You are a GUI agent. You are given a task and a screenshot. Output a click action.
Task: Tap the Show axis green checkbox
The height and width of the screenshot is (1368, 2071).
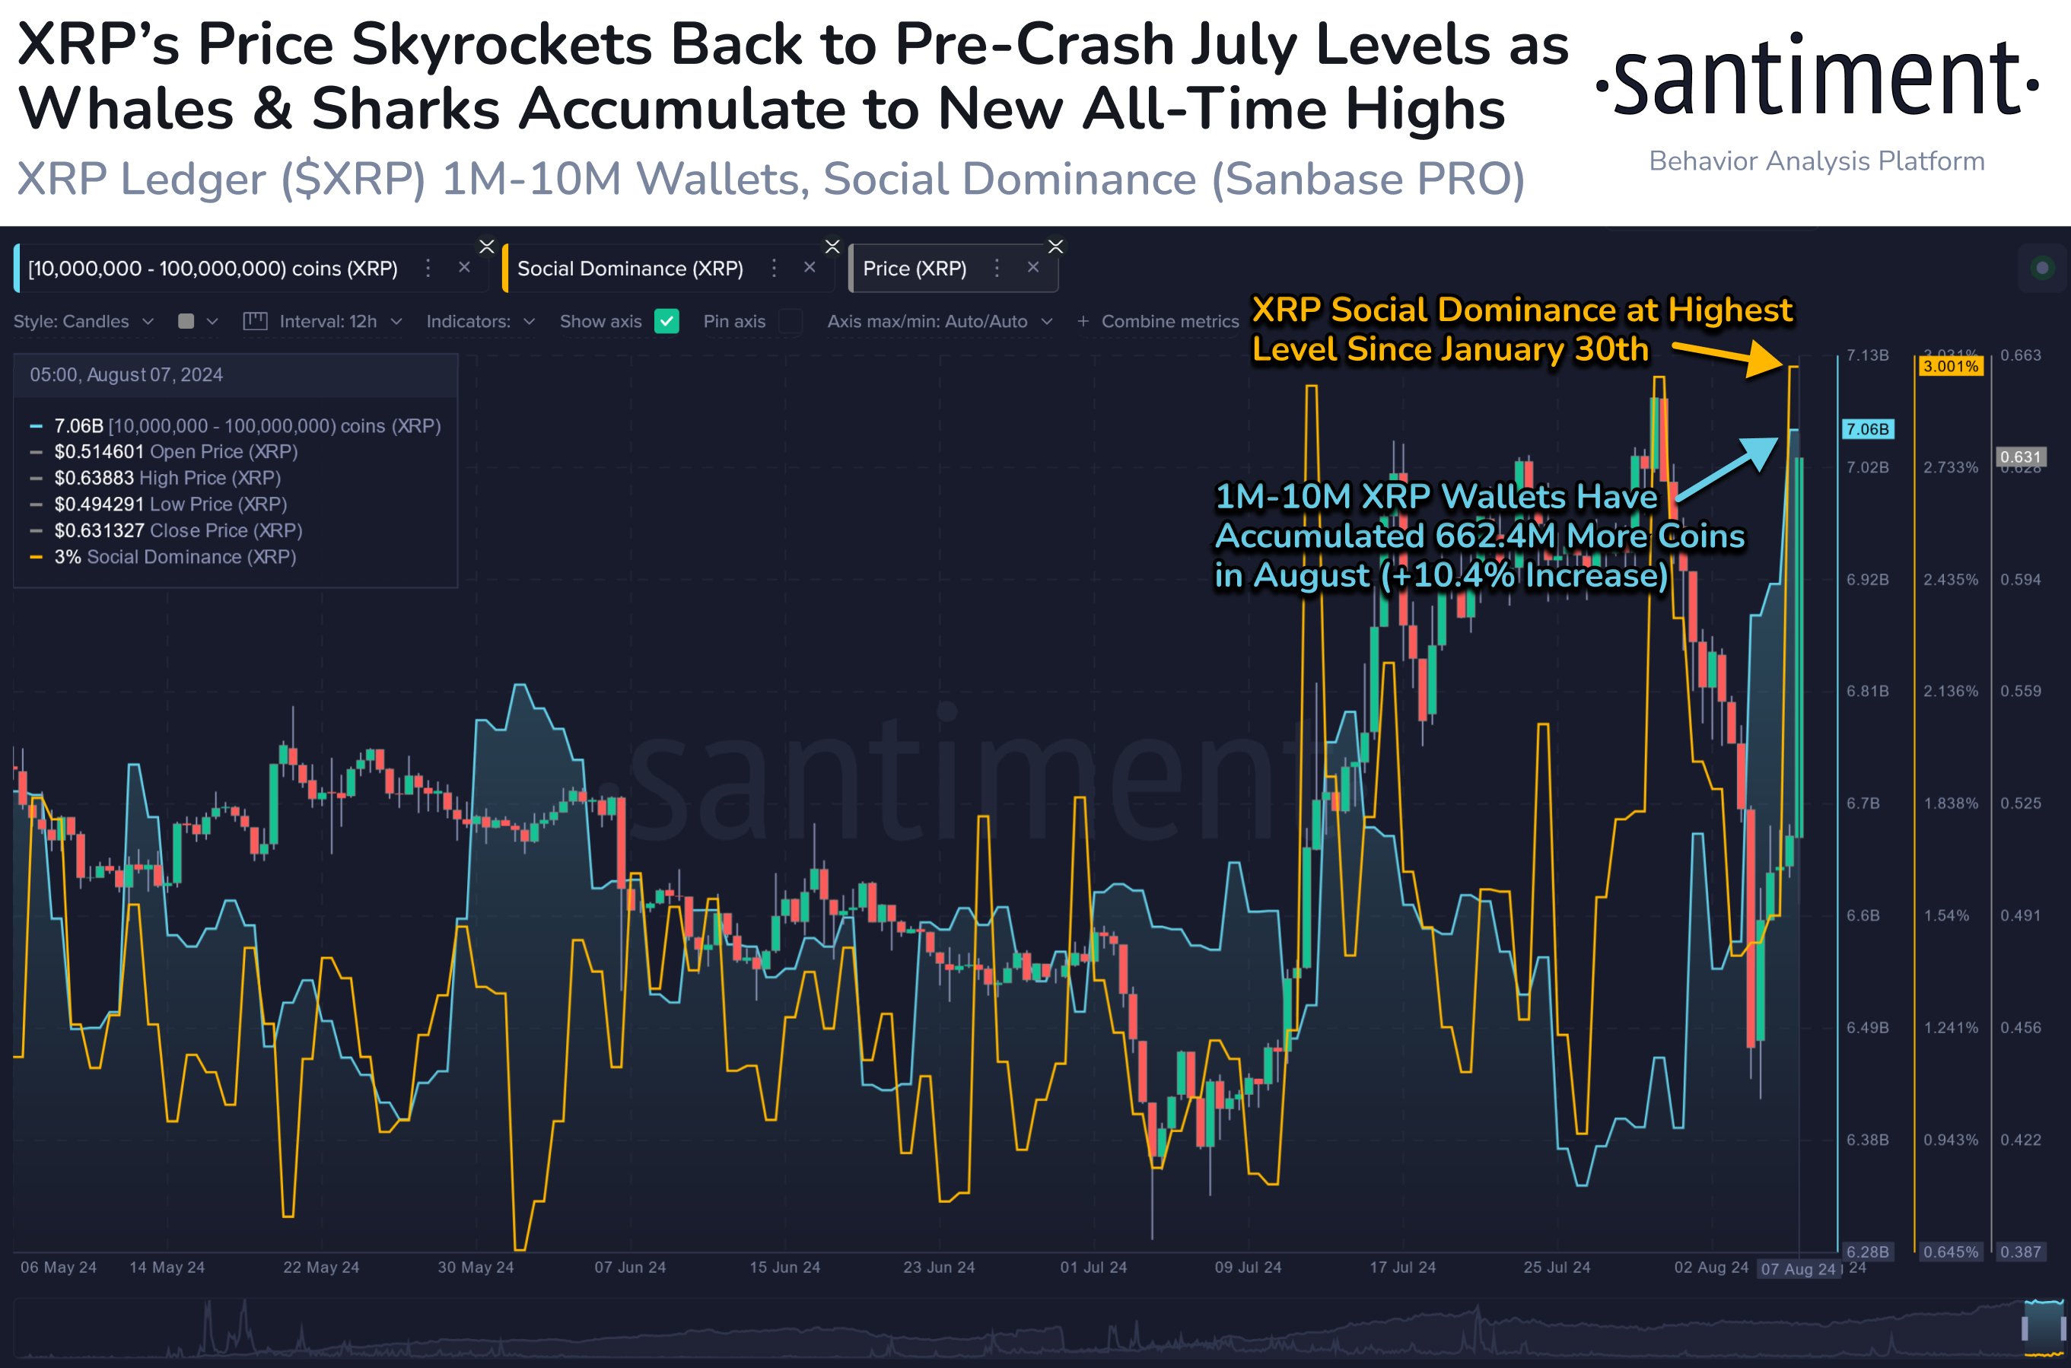(666, 321)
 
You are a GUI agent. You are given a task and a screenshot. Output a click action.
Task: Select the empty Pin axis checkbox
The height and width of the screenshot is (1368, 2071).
(791, 321)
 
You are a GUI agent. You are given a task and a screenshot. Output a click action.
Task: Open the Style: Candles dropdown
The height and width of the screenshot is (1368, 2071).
(83, 321)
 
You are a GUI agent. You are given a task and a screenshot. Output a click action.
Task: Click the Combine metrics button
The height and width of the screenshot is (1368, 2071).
(1159, 321)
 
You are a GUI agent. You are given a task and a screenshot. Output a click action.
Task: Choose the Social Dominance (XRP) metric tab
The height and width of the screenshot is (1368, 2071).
(630, 269)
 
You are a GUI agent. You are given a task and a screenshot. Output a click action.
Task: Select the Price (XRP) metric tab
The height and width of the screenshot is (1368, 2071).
(915, 269)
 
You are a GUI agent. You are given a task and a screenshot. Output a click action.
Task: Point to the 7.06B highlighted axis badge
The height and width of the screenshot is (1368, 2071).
(1868, 429)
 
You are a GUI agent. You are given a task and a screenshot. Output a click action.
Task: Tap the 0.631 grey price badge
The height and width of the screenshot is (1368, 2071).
(2020, 457)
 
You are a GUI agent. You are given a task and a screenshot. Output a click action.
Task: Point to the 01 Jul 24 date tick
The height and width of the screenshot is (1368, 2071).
(1093, 1267)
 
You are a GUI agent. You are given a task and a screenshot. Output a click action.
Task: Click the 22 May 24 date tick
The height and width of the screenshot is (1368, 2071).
(321, 1267)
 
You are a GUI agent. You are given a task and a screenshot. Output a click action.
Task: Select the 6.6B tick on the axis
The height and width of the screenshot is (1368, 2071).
(1863, 915)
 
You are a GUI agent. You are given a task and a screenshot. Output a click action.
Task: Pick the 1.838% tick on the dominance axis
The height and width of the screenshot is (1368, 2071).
(1951, 803)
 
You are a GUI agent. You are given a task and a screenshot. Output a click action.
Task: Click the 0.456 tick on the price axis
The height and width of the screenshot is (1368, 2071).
(2020, 1027)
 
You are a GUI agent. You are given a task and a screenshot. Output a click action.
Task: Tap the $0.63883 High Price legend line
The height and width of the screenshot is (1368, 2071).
(167, 478)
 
